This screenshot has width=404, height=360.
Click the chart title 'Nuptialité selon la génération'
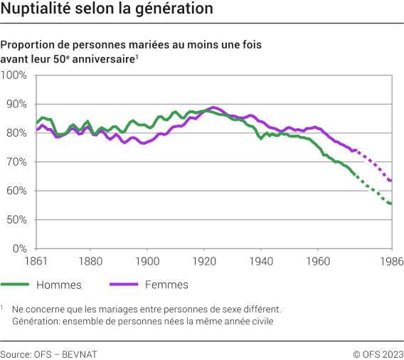107,10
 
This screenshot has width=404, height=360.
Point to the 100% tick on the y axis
14,75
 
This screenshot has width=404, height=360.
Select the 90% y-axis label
16,104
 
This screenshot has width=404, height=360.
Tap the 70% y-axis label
16,162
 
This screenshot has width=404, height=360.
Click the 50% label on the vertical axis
16,220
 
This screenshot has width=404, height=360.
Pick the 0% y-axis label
19,249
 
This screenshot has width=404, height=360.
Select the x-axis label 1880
90,260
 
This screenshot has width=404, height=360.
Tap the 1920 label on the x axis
204,260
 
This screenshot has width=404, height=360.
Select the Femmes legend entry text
166,285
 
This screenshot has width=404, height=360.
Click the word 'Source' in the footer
16,354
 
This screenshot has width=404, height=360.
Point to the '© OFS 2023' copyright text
378,354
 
